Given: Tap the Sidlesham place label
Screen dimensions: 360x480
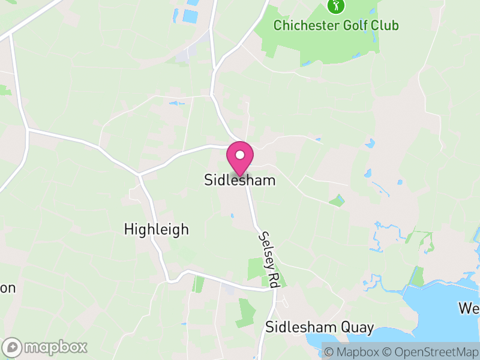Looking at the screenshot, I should [x=240, y=179].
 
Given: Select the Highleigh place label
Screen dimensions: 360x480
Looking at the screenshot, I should [x=156, y=229].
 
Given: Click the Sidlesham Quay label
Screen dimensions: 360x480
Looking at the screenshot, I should [x=319, y=328].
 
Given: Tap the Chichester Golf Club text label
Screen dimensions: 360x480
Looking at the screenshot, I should [x=335, y=26].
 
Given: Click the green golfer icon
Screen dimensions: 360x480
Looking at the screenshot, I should [x=335, y=7].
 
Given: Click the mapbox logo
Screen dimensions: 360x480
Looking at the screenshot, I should [x=46, y=347].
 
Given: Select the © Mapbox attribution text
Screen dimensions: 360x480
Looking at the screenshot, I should [x=351, y=352].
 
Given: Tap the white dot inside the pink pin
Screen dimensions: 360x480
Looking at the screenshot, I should [x=240, y=155].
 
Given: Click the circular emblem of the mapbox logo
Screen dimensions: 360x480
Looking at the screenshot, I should [x=13, y=347].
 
